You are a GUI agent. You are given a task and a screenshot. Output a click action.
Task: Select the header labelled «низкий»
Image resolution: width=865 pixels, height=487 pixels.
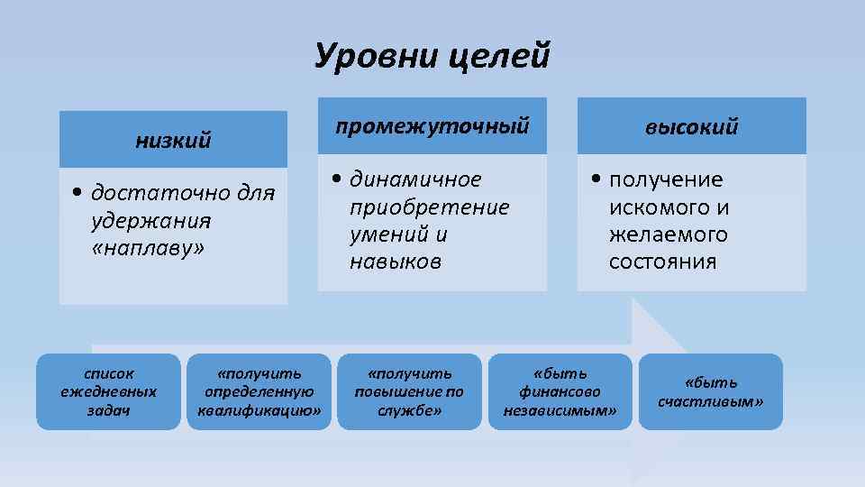pyautogui.click(x=173, y=140)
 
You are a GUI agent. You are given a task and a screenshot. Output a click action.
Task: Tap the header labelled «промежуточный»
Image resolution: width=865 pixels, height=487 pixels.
pyautogui.click(x=432, y=125)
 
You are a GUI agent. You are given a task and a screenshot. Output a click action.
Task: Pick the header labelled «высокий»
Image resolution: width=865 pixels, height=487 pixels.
pyautogui.click(x=691, y=126)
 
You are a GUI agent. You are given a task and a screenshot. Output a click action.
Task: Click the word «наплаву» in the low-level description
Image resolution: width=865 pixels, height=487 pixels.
pyautogui.click(x=149, y=248)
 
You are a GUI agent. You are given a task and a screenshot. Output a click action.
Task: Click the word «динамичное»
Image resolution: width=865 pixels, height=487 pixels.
pyautogui.click(x=415, y=179)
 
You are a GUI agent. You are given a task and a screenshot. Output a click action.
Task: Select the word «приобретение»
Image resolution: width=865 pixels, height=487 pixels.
pyautogui.click(x=429, y=207)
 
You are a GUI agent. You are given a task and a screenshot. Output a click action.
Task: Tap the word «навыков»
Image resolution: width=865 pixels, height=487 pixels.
pyautogui.click(x=396, y=262)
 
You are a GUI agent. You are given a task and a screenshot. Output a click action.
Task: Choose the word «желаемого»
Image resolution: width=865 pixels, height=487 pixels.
pyautogui.click(x=668, y=234)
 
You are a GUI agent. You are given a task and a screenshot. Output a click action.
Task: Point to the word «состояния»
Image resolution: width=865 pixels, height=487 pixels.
pyautogui.click(x=662, y=262)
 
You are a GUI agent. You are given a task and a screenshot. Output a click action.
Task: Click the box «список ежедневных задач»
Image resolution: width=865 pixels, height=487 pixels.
pyautogui.click(x=108, y=391)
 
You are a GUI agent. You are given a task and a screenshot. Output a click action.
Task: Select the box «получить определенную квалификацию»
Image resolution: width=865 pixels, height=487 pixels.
pyautogui.click(x=259, y=391)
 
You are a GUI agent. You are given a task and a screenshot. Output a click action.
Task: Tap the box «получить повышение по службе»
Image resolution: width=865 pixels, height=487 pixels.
pyautogui.click(x=410, y=391)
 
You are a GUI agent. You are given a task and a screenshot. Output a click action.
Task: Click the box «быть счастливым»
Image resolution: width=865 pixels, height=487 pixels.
pyautogui.click(x=710, y=391)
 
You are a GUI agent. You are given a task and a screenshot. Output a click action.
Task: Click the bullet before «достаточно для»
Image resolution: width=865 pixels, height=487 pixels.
pyautogui.click(x=79, y=194)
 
